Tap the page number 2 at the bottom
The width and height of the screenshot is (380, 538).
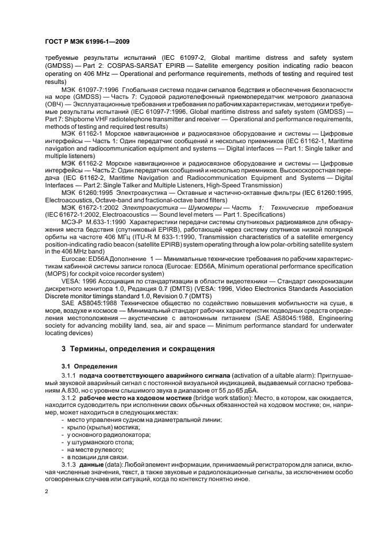(x=47, y=493)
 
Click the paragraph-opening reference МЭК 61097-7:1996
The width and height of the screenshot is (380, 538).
(x=88, y=90)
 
